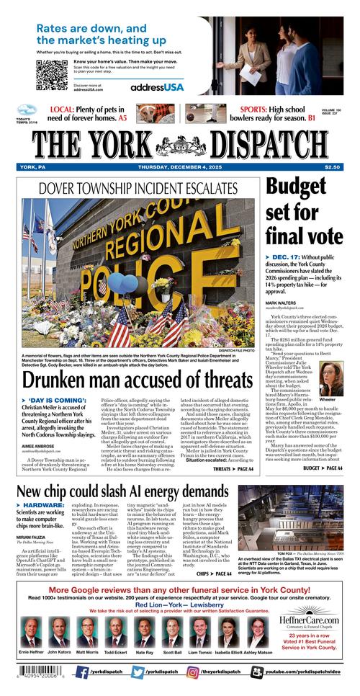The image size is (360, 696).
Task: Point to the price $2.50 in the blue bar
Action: [x=332, y=168]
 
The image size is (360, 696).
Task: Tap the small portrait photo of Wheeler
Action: [x=328, y=381]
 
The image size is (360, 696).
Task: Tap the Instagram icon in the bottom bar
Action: [x=193, y=672]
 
